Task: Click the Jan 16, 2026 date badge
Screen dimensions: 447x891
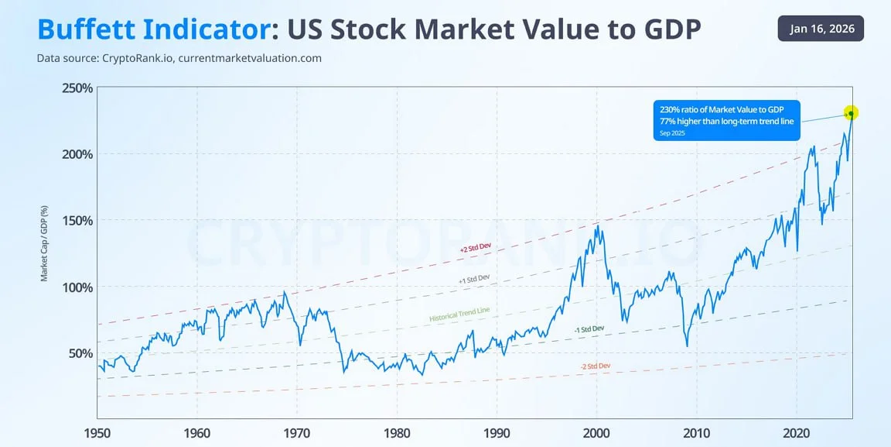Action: [x=821, y=29]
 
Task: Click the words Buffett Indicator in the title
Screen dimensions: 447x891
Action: [x=153, y=29]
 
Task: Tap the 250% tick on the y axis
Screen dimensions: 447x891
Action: [x=77, y=88]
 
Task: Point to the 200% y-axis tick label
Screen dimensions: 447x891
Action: [x=77, y=154]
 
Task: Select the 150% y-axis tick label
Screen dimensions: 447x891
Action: [x=77, y=220]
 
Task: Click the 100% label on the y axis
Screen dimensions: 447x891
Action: [x=77, y=287]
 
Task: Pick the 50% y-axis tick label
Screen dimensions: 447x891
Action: [x=80, y=353]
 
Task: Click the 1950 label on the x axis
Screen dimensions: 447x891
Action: [x=97, y=432]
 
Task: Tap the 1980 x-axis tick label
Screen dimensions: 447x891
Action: [x=397, y=432]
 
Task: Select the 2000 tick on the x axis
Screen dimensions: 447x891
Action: [x=596, y=432]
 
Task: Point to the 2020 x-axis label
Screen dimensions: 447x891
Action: [x=796, y=432]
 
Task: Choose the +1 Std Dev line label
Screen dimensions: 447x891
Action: [x=474, y=277]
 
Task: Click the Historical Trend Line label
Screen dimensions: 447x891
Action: [x=459, y=315]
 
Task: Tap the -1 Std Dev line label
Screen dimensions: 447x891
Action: [x=589, y=329]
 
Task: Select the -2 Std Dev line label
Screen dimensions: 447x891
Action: [x=595, y=366]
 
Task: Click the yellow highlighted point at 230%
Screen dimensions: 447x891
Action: [x=851, y=113]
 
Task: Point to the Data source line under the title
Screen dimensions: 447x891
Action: [x=179, y=58]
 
